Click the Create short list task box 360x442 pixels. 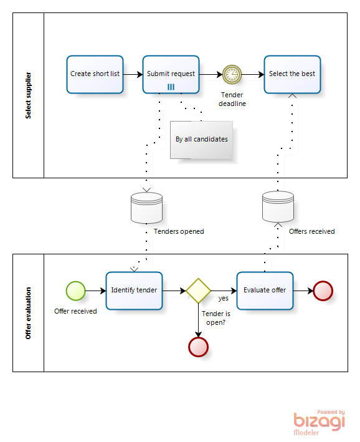(95, 74)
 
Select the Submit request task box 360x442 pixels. (171, 74)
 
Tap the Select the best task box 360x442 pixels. (292, 74)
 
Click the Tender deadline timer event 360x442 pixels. (232, 75)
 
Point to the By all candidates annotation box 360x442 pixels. (201, 140)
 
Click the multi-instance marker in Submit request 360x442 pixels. (171, 87)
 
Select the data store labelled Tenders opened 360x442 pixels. (146, 208)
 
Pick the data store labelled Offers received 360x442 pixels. (278, 206)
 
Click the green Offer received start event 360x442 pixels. (76, 291)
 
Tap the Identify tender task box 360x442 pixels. (135, 291)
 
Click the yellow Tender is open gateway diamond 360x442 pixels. (198, 291)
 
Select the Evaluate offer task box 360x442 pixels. (265, 291)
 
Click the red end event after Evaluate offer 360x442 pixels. (323, 291)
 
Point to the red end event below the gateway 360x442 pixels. (198, 347)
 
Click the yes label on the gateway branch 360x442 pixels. (224, 299)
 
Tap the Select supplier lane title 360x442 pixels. (28, 95)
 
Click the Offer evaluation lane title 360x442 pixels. (28, 313)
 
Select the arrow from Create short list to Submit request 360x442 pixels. (133, 74)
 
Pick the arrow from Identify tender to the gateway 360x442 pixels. (174, 291)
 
